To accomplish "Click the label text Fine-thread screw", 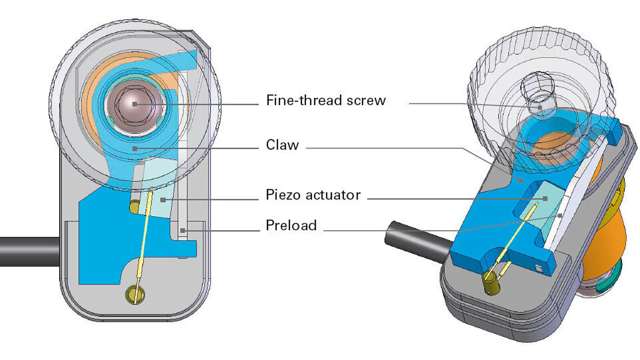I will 326,100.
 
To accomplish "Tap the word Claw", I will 282,145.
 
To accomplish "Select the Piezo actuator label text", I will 313,195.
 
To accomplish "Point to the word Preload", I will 291,225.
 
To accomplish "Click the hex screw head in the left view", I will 135,104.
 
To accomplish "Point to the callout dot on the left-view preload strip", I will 182,230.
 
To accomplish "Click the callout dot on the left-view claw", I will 135,148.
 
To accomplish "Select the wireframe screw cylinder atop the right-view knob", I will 538,94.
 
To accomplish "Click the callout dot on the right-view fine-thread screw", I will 539,107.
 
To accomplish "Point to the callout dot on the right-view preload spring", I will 560,216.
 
